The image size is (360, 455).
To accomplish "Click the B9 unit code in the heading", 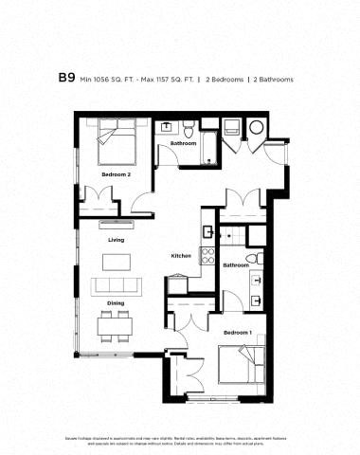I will [x=67, y=80].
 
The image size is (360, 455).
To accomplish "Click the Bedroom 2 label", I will [x=116, y=176].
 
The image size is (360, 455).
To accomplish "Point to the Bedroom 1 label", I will [x=237, y=333].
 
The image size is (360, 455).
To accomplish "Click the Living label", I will [x=116, y=240].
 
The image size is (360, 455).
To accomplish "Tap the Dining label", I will [x=116, y=303].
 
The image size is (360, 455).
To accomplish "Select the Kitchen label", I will [x=181, y=256].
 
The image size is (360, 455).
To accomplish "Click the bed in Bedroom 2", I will [x=118, y=147].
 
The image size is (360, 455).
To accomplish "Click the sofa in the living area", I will [x=117, y=284].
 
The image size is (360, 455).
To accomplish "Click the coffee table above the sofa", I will [x=116, y=261].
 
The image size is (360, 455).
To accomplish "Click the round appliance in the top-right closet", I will [x=256, y=129].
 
